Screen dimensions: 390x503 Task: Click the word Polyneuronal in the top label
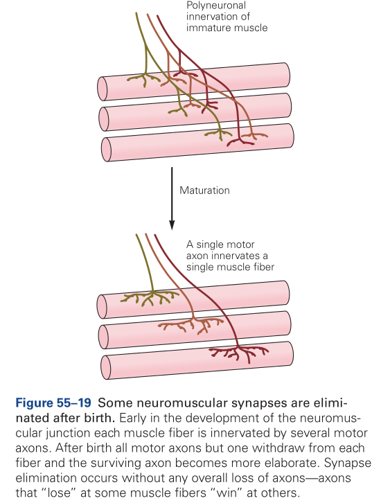[x=216, y=6]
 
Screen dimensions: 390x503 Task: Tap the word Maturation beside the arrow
[x=204, y=191]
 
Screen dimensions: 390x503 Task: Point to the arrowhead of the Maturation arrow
[x=172, y=225]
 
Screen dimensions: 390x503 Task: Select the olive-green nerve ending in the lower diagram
[x=150, y=298]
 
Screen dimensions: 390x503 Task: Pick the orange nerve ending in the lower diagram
[x=190, y=325]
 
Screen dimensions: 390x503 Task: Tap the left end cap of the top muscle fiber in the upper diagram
[x=103, y=89]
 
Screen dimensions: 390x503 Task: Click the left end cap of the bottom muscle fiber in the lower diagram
[x=106, y=367]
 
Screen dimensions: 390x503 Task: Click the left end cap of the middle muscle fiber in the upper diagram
[x=104, y=119]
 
